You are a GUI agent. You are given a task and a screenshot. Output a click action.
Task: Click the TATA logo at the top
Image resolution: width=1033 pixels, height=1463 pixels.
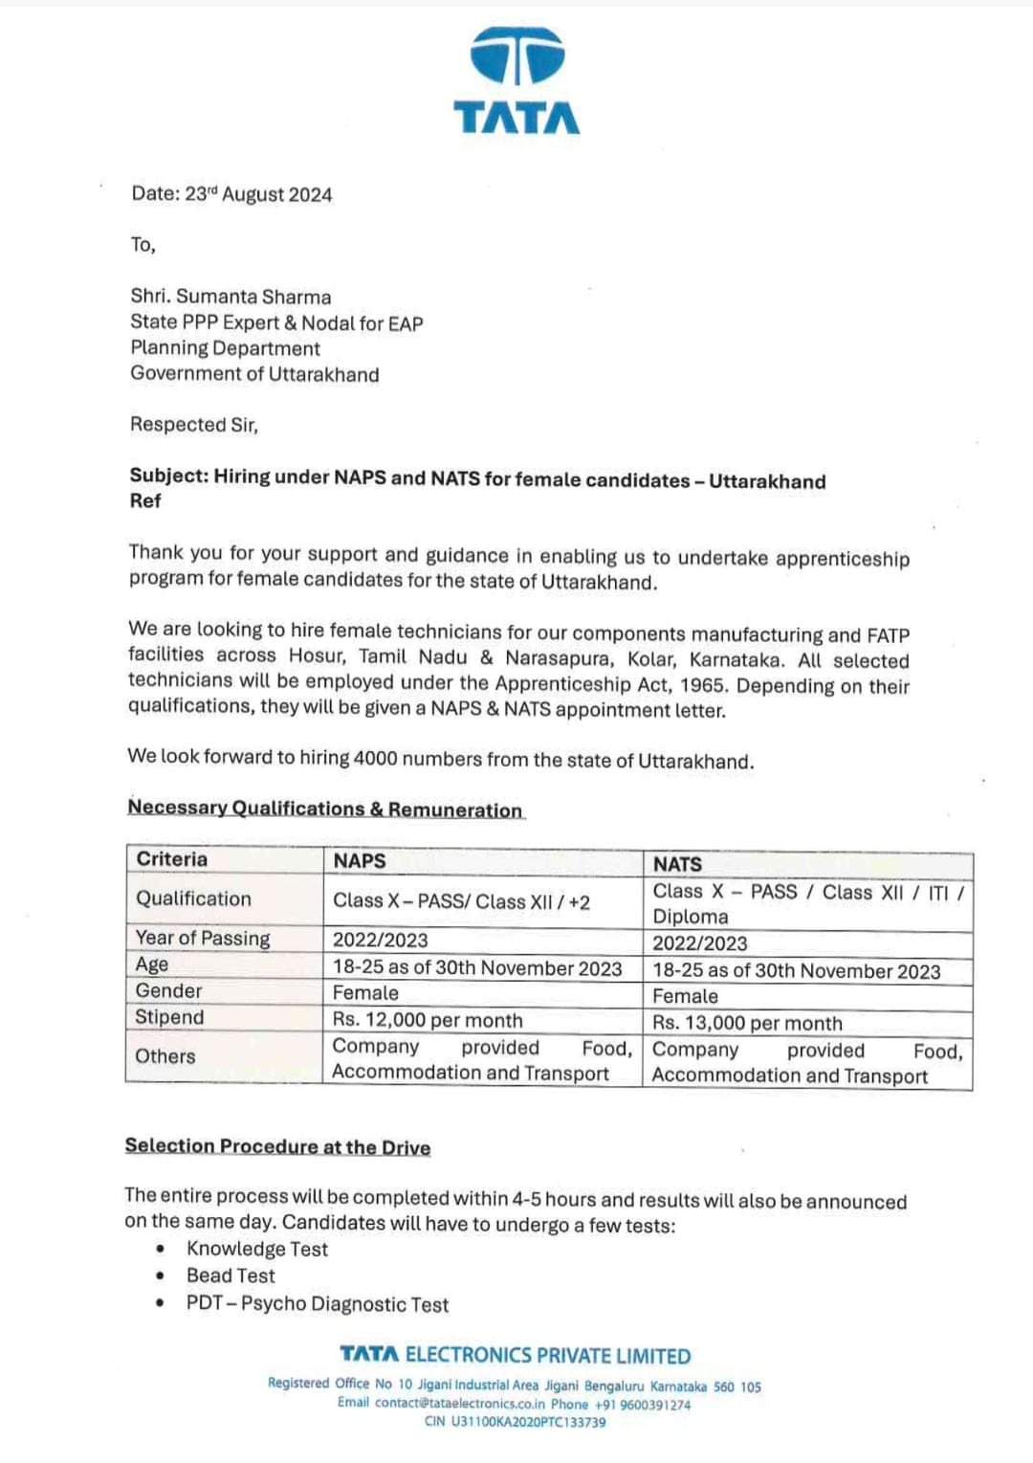pyautogui.click(x=516, y=80)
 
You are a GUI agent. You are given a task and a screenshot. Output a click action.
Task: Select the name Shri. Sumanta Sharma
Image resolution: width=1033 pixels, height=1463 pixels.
pyautogui.click(x=231, y=297)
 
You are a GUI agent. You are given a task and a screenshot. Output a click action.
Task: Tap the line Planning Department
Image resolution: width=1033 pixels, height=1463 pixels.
pyautogui.click(x=225, y=348)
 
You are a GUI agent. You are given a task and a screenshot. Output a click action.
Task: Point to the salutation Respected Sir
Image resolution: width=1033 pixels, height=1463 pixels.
pyautogui.click(x=194, y=424)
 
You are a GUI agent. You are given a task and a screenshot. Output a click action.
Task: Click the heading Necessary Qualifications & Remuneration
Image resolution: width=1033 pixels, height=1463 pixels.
pyautogui.click(x=325, y=809)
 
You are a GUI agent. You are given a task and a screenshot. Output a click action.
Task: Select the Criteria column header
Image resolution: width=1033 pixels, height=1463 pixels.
pyautogui.click(x=172, y=858)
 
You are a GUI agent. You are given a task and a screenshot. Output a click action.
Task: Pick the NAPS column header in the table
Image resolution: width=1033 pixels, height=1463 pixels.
pyautogui.click(x=360, y=860)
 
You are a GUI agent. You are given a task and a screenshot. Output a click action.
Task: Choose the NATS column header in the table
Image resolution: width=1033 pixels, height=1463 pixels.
pyautogui.click(x=677, y=863)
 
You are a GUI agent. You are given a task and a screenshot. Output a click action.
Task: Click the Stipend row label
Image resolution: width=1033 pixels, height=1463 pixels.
pyautogui.click(x=169, y=1017)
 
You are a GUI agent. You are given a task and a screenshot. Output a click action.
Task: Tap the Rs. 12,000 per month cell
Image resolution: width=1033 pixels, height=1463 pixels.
pyautogui.click(x=428, y=1020)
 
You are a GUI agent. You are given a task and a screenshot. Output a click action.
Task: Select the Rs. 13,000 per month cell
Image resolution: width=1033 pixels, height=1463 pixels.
pyautogui.click(x=747, y=1023)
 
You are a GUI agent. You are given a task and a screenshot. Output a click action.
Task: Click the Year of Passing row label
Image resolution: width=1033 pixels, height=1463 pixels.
pyautogui.click(x=203, y=938)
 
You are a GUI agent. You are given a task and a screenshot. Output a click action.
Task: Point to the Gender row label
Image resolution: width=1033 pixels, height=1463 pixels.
pyautogui.click(x=168, y=990)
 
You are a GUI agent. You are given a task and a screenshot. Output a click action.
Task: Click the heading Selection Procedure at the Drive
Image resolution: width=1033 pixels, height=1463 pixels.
pyautogui.click(x=277, y=1146)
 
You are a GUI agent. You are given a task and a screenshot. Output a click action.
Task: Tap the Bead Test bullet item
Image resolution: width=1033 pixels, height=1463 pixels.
pyautogui.click(x=231, y=1275)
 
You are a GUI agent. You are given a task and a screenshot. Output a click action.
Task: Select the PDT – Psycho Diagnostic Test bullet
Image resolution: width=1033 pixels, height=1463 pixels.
pyautogui.click(x=317, y=1304)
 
